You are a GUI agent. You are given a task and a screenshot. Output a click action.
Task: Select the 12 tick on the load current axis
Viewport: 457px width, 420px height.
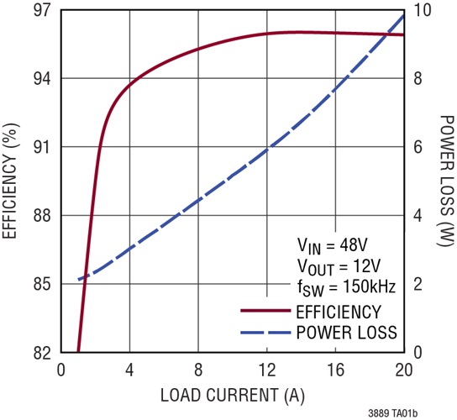pos(266,370)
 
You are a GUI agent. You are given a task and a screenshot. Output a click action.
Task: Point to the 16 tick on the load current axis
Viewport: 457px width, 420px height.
pos(335,370)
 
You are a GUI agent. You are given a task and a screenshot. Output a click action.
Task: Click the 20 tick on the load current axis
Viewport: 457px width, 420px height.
pos(403,370)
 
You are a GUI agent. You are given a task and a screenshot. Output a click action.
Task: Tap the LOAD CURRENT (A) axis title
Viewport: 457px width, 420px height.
pos(232,392)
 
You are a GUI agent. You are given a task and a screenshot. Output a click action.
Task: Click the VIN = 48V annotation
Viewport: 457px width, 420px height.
pos(331,247)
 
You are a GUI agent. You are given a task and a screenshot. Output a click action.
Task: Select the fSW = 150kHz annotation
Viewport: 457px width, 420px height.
pos(345,287)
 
